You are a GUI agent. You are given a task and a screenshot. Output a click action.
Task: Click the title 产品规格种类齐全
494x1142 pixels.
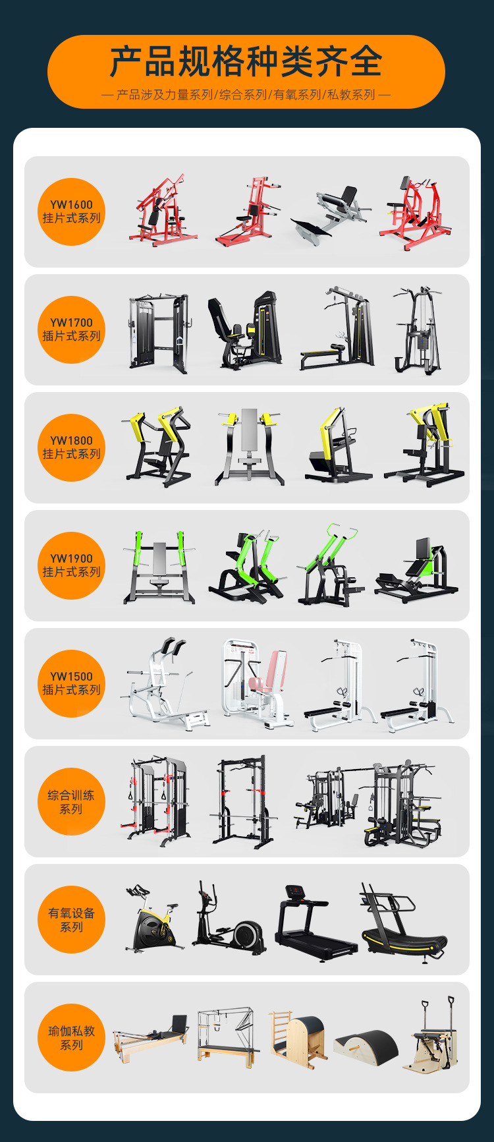coord(246,61)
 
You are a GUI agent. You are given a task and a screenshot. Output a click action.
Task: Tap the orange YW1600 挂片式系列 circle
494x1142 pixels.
coord(72,212)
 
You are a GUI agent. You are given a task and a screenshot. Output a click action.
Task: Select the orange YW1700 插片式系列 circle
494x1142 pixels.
coord(72,329)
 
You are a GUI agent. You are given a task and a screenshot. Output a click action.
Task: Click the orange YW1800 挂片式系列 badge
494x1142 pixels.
coord(72,447)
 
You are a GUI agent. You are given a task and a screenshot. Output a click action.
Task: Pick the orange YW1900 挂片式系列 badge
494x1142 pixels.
coord(72,565)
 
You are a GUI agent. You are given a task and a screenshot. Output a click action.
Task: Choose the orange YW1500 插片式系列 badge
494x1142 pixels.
coord(72,683)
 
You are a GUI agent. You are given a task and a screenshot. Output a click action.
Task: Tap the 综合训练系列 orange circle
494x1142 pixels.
coord(72,801)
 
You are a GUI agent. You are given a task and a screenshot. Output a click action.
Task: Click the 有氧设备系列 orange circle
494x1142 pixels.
coord(72,919)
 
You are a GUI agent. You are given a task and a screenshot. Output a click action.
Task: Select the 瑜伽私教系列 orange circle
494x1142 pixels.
coord(72,1037)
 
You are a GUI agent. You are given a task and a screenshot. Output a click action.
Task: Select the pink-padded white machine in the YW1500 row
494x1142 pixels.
coord(257,683)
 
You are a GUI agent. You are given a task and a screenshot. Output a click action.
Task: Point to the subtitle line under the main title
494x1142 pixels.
coord(246,95)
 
